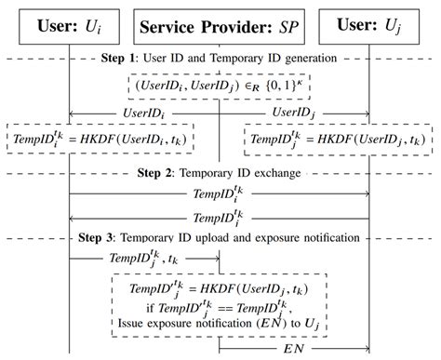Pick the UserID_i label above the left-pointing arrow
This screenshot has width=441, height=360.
tap(143, 112)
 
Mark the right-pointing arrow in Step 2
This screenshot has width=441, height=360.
tap(220, 194)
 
